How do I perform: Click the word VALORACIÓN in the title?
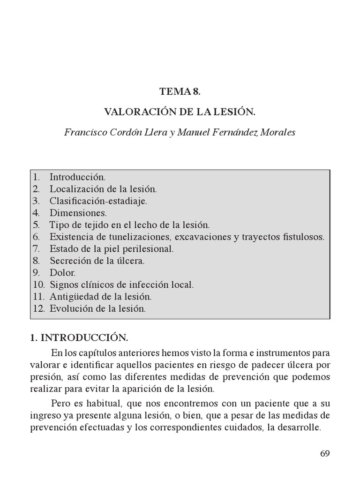(x=135, y=112)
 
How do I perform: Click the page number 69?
(x=325, y=453)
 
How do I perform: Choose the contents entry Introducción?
(x=77, y=178)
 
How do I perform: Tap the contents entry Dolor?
(x=62, y=273)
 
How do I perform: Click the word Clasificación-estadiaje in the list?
(x=98, y=202)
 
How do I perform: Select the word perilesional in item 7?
(x=149, y=249)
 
